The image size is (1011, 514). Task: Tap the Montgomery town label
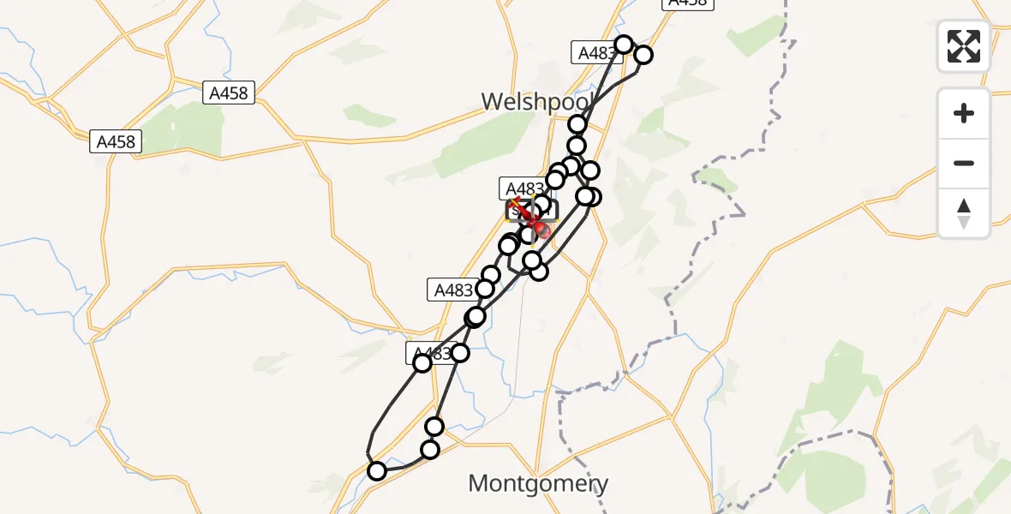point(538,484)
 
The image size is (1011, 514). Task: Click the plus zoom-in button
point(964,113)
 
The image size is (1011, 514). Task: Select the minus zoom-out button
point(964,163)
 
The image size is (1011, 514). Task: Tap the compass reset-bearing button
point(964,213)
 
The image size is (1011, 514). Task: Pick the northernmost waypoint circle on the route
point(624,45)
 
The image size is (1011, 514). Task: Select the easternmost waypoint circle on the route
point(643,55)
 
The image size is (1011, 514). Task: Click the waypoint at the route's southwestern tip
point(377,470)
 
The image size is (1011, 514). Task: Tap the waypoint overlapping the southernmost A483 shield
point(422,363)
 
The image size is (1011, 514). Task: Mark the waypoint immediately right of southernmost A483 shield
point(460,353)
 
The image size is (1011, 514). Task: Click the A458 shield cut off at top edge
point(689,3)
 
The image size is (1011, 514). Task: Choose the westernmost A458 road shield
point(116,142)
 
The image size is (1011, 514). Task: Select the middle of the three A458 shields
point(230,93)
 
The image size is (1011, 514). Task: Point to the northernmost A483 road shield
point(595,53)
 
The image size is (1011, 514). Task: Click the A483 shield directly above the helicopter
point(523,188)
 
